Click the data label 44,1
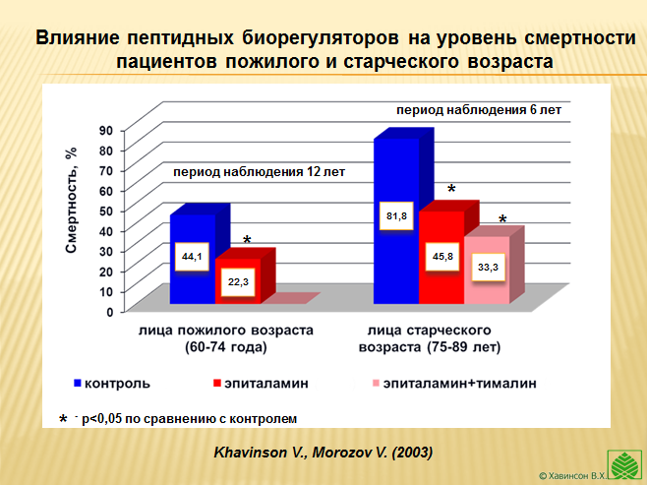193,258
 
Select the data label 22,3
237,281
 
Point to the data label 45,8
441,257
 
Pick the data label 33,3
487,268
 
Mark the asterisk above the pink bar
502,220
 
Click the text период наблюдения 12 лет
260,172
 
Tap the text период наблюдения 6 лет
478,110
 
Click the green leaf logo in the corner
626,462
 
